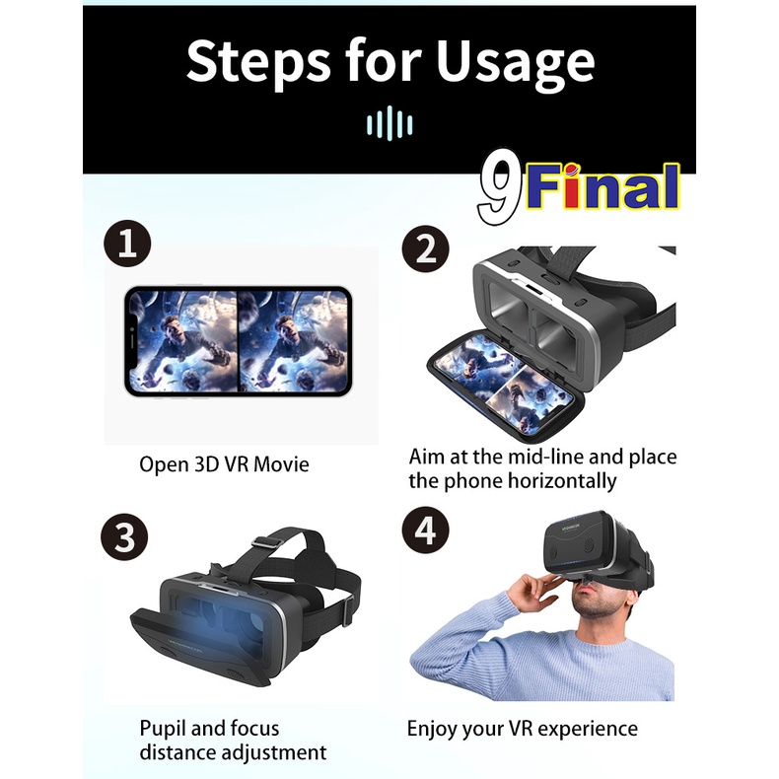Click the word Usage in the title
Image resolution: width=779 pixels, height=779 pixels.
click(515, 63)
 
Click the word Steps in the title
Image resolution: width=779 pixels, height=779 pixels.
click(258, 62)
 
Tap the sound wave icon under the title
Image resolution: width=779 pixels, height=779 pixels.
click(389, 123)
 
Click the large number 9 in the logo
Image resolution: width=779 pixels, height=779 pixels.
click(500, 185)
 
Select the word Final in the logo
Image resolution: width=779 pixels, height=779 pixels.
click(602, 185)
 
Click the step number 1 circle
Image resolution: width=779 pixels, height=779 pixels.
click(127, 244)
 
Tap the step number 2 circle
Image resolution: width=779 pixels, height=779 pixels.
click(425, 248)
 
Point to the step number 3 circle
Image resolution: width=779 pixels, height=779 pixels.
click(124, 537)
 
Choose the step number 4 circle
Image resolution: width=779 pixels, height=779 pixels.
click(425, 531)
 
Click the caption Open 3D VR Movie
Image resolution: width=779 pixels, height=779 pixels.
click(224, 465)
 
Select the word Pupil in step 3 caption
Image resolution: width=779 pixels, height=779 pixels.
click(163, 729)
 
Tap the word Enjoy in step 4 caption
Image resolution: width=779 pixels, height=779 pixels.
click(430, 730)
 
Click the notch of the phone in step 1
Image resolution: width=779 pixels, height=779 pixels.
click(132, 341)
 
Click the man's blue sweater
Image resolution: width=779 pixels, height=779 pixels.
click(542, 656)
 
